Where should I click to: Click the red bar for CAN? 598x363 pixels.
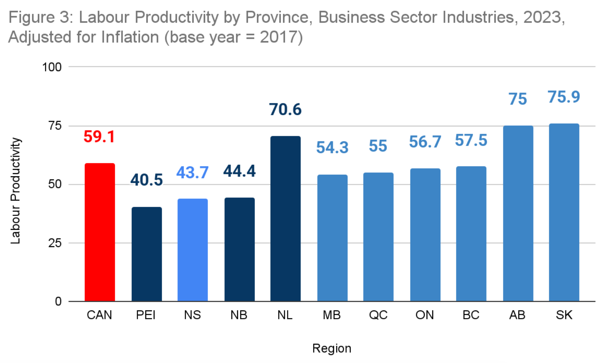coord(100,232)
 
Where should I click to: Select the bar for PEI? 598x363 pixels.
coord(146,254)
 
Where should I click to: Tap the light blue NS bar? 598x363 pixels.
coord(193,250)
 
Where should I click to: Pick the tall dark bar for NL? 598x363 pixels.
coord(286,219)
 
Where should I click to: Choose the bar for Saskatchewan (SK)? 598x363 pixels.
coord(564,212)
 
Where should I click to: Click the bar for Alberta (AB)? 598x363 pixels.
coord(518,214)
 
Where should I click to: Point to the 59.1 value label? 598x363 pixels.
coord(99,137)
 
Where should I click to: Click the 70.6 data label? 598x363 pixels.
coord(286,110)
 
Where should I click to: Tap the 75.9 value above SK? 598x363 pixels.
coord(564,97)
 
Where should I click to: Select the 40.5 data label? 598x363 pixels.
coord(146,180)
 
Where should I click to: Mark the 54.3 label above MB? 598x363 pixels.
coord(332,148)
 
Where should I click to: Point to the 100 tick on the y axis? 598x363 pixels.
coord(52,67)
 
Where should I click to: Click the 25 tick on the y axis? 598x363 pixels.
coord(55,243)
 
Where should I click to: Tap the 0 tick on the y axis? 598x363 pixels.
coord(58,301)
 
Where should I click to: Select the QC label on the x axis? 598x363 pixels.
coord(378,315)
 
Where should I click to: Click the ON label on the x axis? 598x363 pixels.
coord(425,315)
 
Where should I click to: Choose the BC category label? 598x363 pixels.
coord(471,315)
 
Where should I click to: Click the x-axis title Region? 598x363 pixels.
coord(332,348)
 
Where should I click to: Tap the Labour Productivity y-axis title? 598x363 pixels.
coord(15,191)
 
